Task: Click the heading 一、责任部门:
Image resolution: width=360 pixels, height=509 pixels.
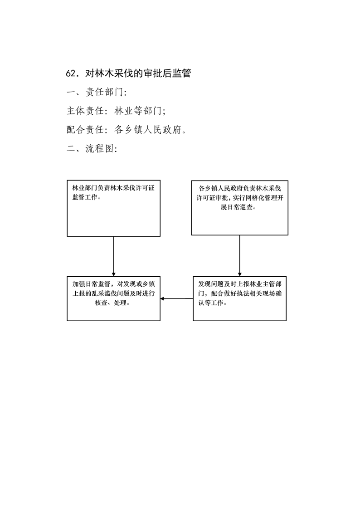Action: tap(96, 92)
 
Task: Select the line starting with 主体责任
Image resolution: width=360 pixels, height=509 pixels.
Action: tap(116, 111)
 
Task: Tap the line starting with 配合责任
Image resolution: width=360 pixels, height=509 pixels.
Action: tap(126, 130)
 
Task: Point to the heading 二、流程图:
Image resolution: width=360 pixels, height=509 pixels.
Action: tap(92, 149)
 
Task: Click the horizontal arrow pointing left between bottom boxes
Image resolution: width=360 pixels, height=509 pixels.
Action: tap(177, 299)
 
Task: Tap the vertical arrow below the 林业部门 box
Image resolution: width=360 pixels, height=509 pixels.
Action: tap(113, 256)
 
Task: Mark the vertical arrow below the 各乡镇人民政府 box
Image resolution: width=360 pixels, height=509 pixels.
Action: tap(240, 256)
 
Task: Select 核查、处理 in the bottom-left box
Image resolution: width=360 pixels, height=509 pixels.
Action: tap(110, 303)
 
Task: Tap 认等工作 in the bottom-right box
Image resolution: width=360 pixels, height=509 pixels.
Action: tap(211, 303)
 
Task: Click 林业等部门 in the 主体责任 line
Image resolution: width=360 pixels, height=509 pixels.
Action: tap(138, 111)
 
